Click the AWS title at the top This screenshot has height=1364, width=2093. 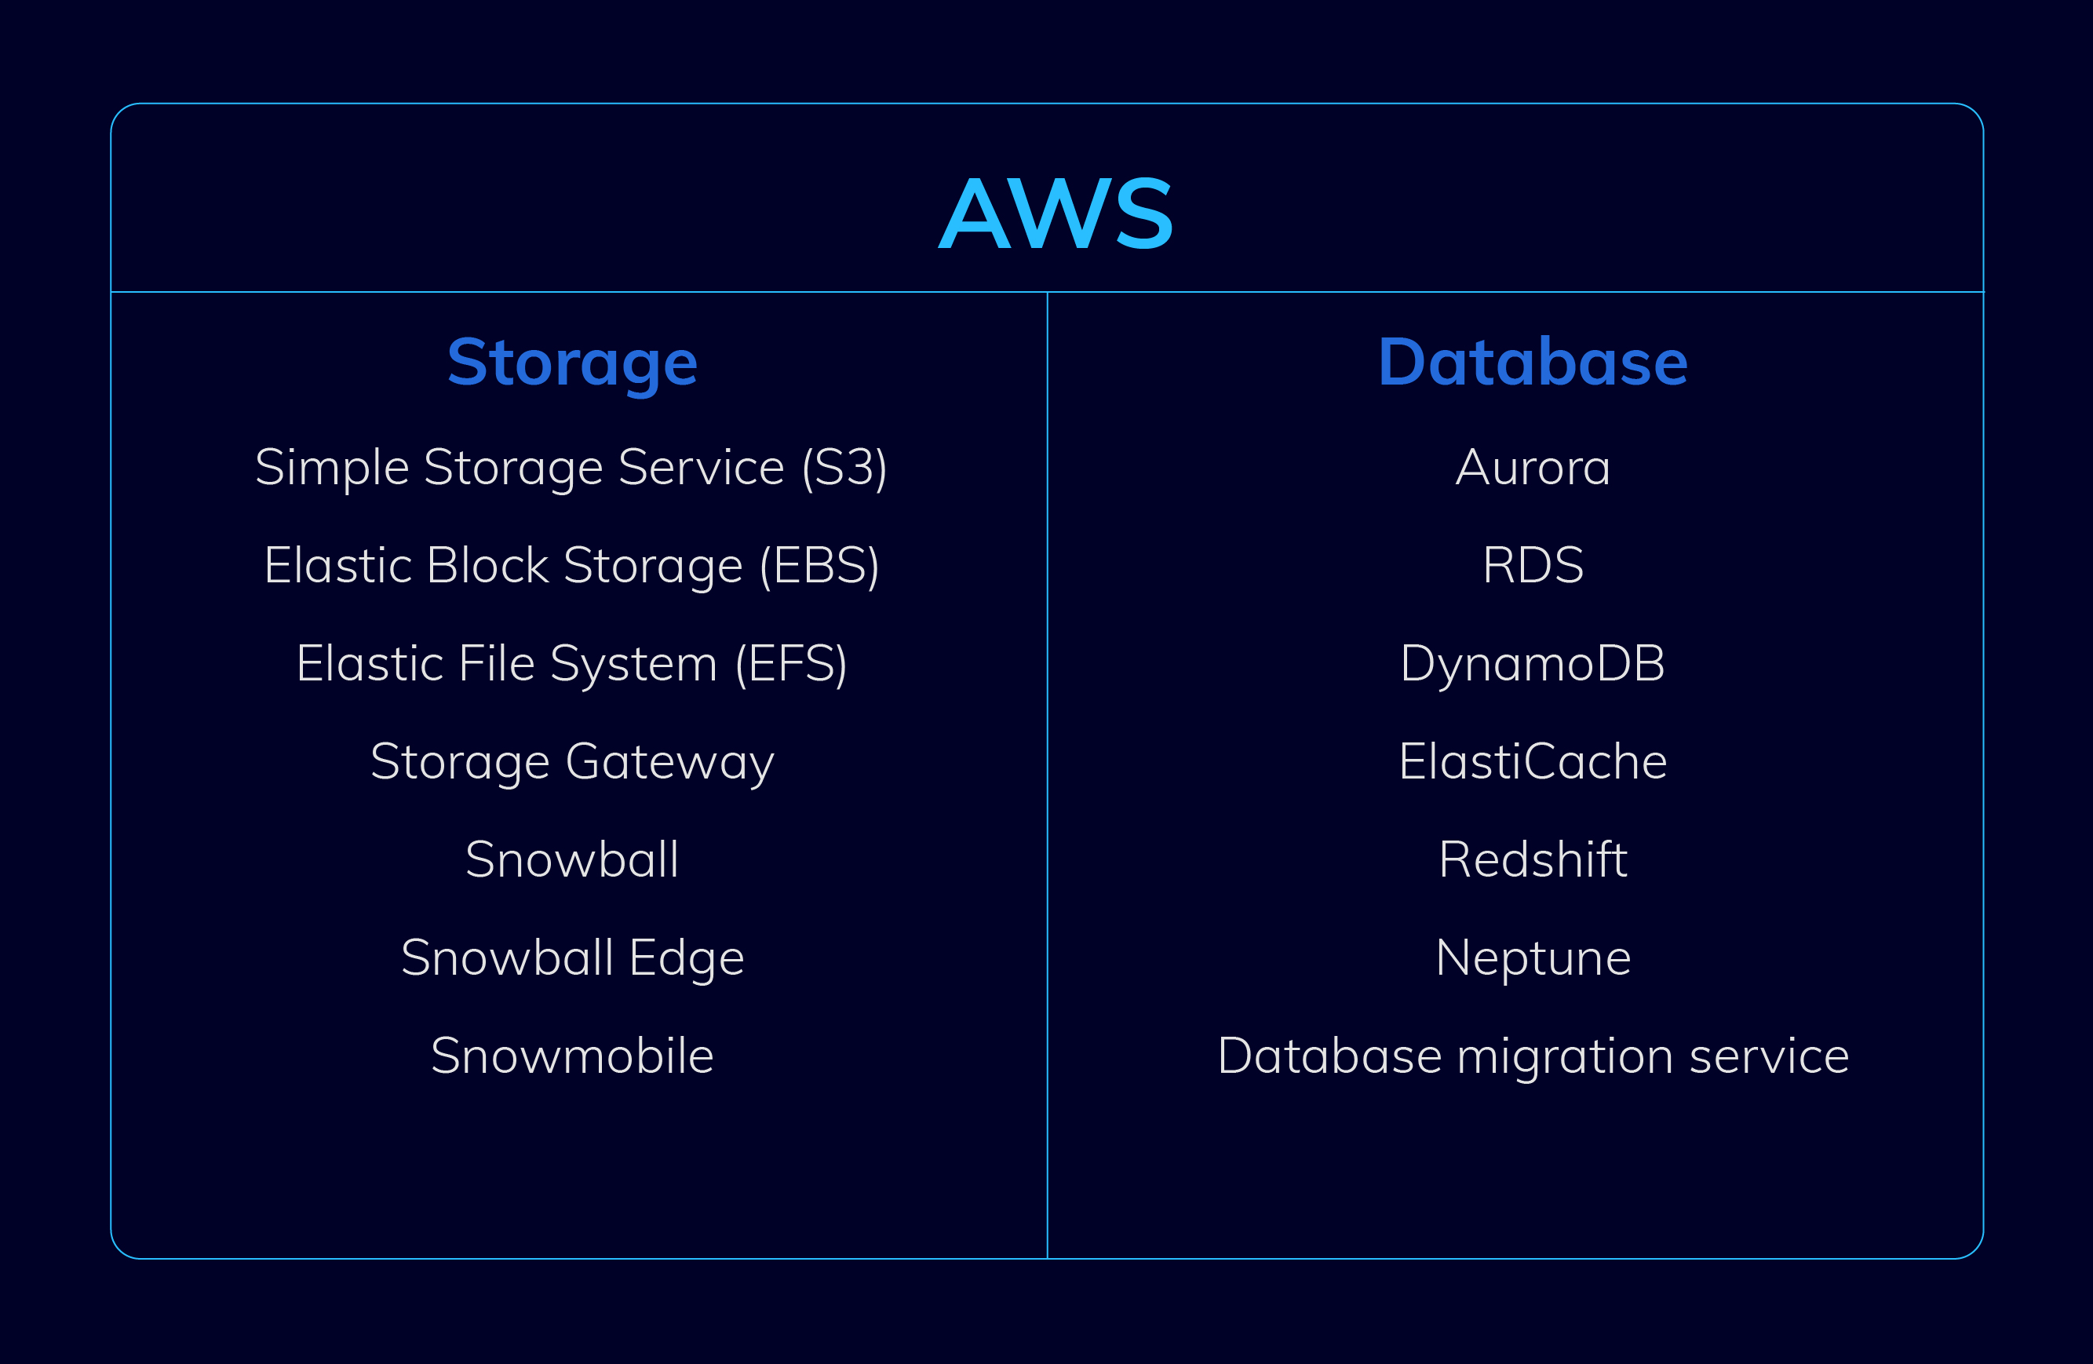[x=1056, y=213]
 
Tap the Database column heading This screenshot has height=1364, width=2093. [x=1533, y=363]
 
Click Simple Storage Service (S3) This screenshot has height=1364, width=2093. [x=571, y=467]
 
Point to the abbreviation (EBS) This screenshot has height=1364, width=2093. [x=819, y=566]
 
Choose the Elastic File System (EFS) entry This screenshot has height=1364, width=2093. [x=571, y=664]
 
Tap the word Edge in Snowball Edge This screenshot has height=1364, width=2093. [x=687, y=958]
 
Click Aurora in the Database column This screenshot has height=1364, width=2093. [x=1533, y=467]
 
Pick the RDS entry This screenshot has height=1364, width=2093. [x=1533, y=566]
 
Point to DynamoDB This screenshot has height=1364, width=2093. [x=1533, y=663]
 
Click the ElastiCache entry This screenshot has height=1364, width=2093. [x=1533, y=761]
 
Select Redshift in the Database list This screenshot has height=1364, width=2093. [x=1533, y=859]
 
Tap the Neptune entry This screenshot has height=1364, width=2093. [x=1533, y=958]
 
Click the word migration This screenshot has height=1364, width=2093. [x=1566, y=1056]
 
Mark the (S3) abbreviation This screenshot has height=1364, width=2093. [x=844, y=467]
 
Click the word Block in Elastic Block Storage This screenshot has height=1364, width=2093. [x=488, y=566]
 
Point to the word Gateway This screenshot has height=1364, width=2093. [x=669, y=761]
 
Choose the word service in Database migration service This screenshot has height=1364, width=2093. [x=1770, y=1056]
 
